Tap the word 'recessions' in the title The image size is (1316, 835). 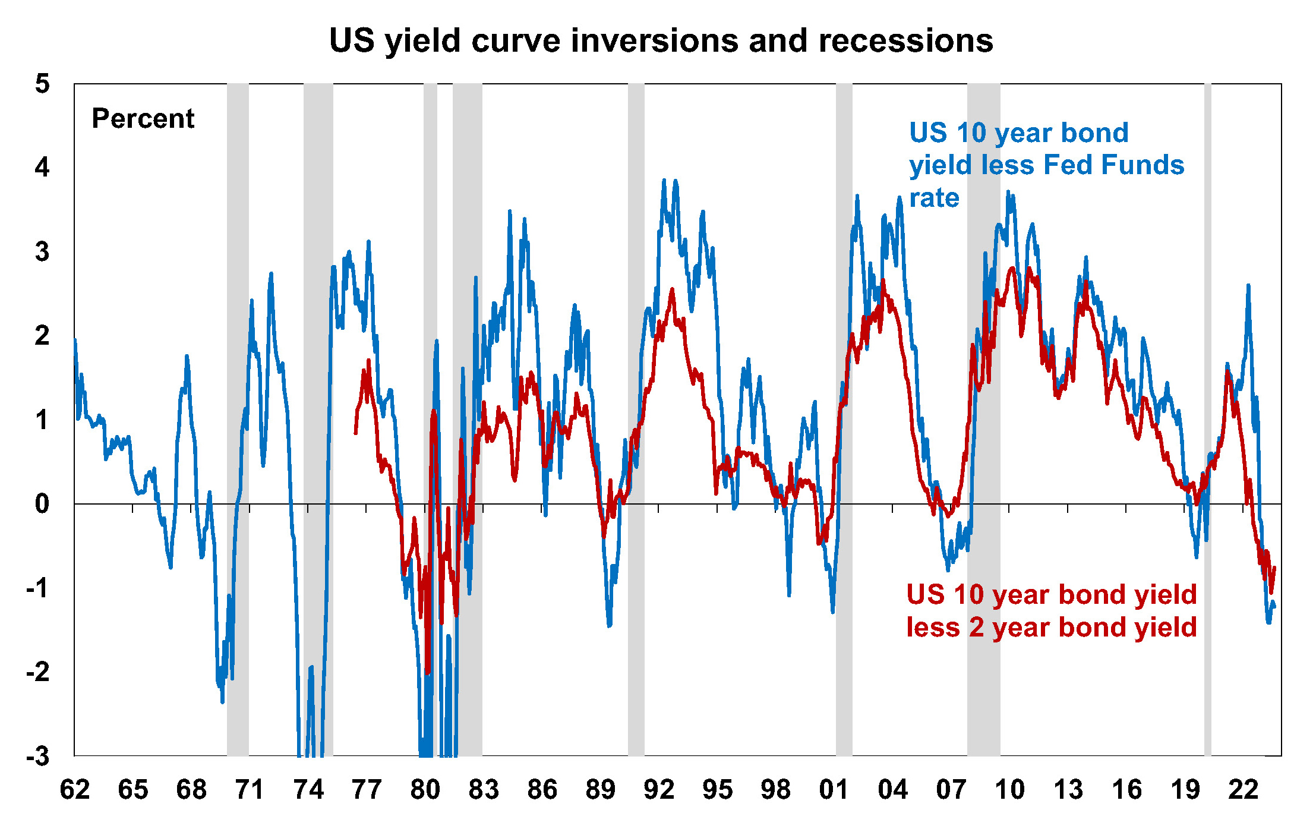(x=905, y=40)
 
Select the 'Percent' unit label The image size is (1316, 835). (x=143, y=118)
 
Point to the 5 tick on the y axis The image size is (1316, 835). (x=42, y=84)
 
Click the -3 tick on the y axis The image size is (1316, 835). (x=38, y=756)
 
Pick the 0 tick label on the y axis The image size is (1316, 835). (x=42, y=504)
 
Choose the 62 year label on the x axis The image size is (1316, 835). (x=75, y=790)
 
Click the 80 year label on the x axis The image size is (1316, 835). (x=425, y=790)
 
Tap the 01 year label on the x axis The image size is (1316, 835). (x=834, y=790)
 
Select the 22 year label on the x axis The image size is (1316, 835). (x=1243, y=790)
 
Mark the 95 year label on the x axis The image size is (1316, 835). (x=717, y=790)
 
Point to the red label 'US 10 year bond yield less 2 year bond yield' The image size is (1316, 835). (x=1051, y=610)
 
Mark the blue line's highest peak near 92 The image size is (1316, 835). (x=664, y=179)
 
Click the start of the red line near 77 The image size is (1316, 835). (x=355, y=433)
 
